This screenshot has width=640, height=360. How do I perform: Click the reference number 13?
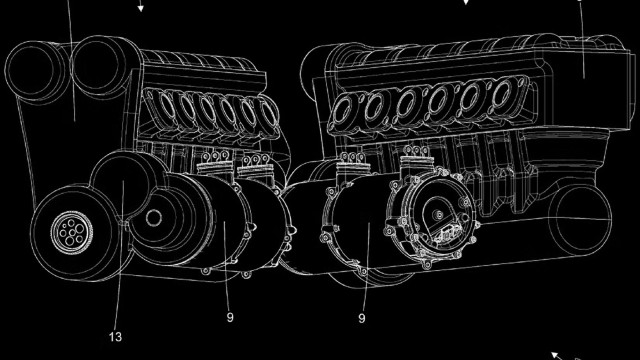[x=116, y=338]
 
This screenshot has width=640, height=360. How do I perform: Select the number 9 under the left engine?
[x=229, y=318]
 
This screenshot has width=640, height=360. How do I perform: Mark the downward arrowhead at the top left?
[x=141, y=9]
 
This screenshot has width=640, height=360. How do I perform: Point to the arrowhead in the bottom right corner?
[x=557, y=354]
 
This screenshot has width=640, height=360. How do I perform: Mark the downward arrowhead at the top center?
[x=466, y=3]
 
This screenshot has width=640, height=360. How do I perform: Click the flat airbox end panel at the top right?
[x=590, y=55]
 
